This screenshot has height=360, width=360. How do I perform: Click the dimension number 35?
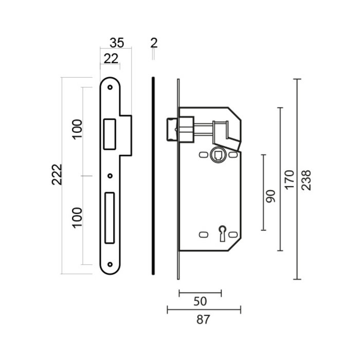(x=117, y=42)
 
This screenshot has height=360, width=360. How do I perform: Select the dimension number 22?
(x=110, y=58)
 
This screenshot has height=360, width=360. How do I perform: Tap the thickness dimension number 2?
(x=153, y=42)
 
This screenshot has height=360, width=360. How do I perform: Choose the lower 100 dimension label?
(x=77, y=220)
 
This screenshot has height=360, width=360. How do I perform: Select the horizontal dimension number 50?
(x=200, y=301)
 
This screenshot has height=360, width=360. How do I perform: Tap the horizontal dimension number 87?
(x=204, y=319)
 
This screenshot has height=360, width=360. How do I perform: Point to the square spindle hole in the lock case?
(x=217, y=153)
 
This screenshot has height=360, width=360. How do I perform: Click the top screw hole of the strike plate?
(x=110, y=87)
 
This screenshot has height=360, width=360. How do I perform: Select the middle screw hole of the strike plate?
(x=110, y=176)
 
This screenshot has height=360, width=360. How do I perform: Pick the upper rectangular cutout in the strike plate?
(x=110, y=133)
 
